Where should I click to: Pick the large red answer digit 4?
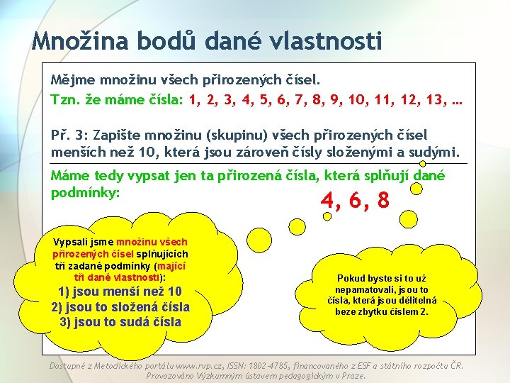[327, 201]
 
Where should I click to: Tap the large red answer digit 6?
[355, 201]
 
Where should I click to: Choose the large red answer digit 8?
[383, 201]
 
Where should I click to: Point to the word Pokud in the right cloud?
[351, 279]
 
